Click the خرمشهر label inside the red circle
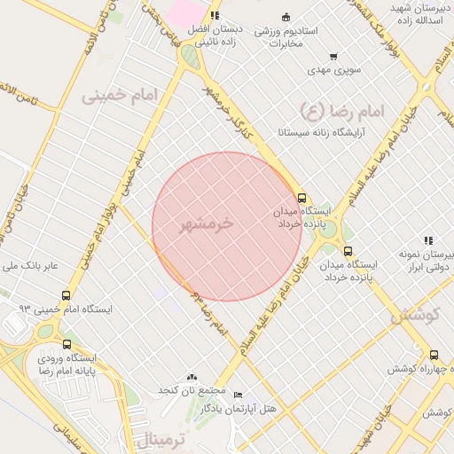[x=205, y=223]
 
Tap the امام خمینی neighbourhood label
[x=118, y=95]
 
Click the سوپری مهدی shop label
[x=332, y=68]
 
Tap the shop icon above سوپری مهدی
[x=333, y=56]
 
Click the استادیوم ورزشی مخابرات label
[x=279, y=37]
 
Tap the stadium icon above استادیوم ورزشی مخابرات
[x=285, y=17]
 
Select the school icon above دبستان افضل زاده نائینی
[x=215, y=15]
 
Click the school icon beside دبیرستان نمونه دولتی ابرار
[x=428, y=240]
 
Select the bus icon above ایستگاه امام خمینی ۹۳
[x=67, y=295]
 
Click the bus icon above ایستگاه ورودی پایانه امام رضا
[x=67, y=344]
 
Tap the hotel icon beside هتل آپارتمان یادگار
[x=237, y=395]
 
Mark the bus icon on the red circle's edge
[x=301, y=198]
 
